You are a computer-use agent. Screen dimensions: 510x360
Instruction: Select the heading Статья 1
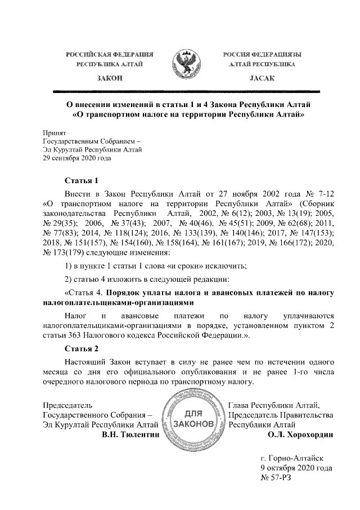tap(81, 181)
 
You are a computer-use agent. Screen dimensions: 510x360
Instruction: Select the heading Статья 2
tap(81, 348)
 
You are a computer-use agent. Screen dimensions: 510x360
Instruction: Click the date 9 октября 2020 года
tap(295, 467)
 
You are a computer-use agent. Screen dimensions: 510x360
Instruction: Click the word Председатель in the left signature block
tap(67, 405)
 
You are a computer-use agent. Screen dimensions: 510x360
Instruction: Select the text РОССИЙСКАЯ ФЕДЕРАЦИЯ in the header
tap(110, 54)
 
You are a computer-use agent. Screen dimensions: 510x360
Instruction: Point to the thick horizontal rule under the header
tap(186, 91)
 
